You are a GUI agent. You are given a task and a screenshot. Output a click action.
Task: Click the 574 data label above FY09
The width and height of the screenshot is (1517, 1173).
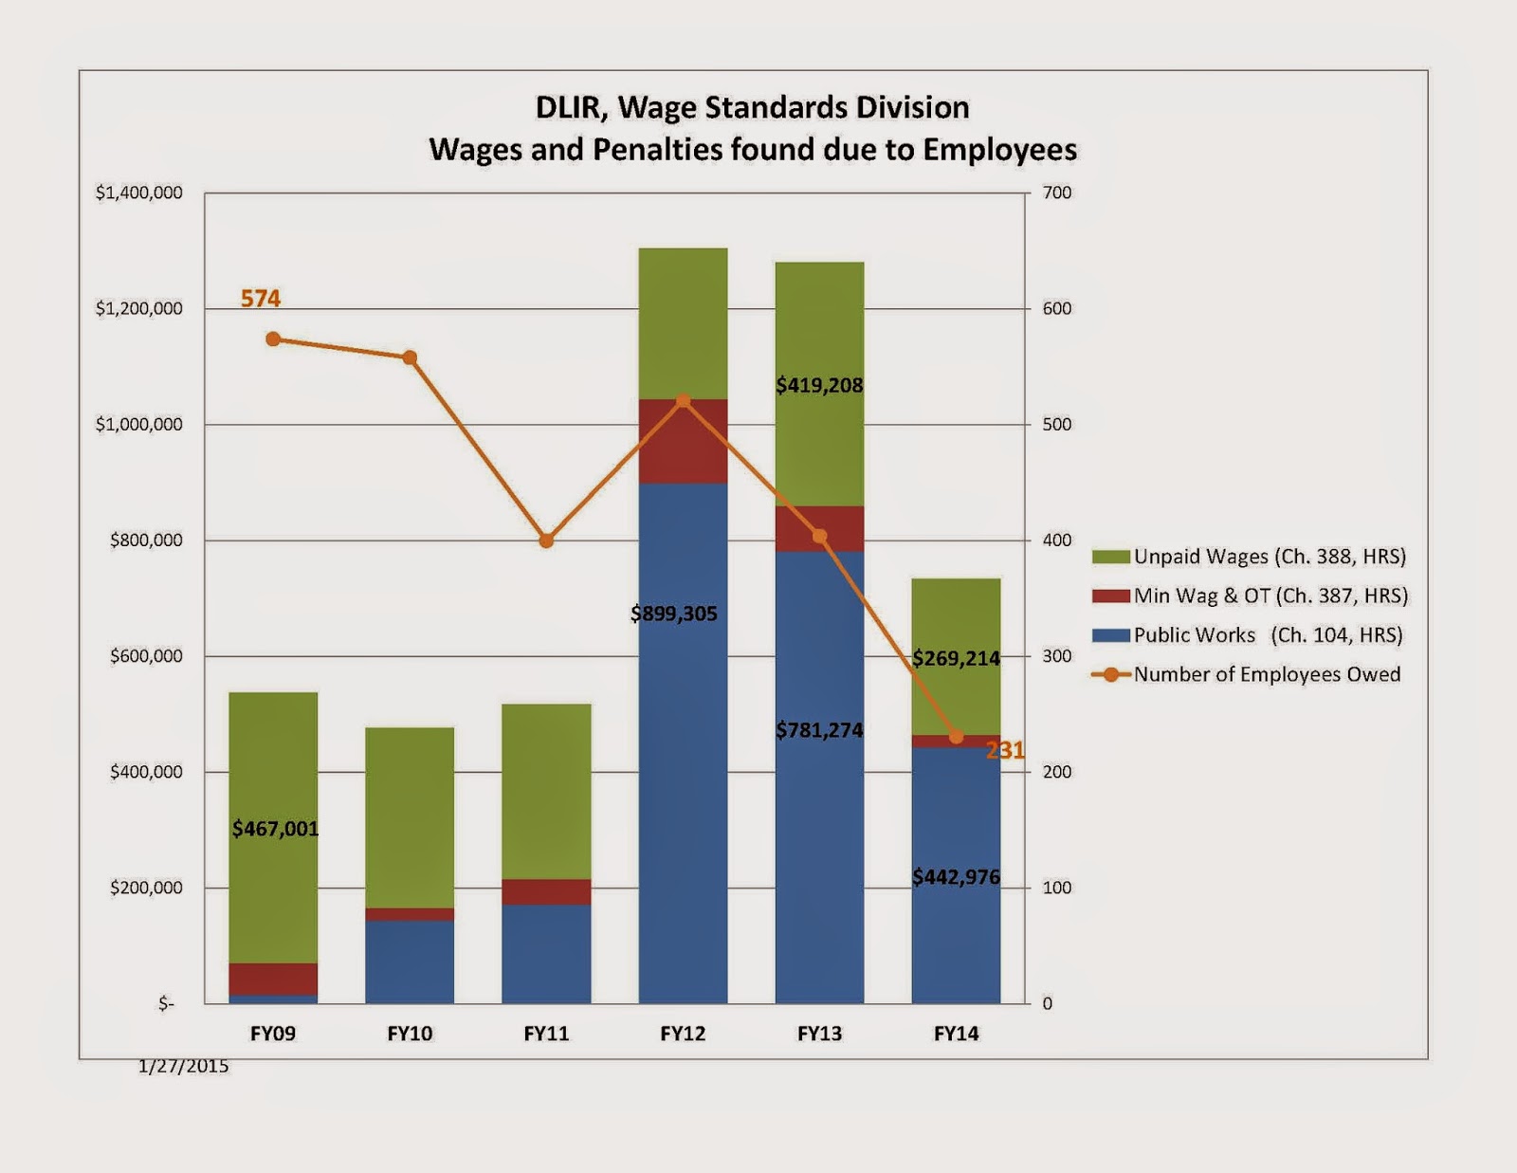point(261,299)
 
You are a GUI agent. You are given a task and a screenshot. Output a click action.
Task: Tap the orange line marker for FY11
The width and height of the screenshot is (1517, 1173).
point(546,541)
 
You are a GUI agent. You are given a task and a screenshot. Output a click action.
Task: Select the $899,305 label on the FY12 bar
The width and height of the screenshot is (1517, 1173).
point(674,614)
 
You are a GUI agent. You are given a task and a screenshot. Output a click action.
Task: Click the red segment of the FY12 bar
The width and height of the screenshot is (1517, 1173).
point(683,442)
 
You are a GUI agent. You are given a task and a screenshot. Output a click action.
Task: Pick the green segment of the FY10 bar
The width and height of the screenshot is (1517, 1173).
point(410,816)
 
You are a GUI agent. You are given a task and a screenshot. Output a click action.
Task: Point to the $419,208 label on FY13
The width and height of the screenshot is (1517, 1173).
point(819,385)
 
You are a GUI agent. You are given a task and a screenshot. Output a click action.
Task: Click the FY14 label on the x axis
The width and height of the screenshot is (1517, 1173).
point(956,1034)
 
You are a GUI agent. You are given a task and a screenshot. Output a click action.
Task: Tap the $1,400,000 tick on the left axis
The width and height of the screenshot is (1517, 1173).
point(139,192)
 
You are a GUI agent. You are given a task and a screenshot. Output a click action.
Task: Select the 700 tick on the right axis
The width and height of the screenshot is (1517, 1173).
point(1056,192)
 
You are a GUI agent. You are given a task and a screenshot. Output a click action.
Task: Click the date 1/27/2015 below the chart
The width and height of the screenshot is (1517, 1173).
point(183,1066)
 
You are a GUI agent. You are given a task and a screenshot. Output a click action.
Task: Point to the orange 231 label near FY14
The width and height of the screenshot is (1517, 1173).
point(1005,751)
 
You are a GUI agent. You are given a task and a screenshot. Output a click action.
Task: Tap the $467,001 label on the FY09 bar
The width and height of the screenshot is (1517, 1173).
point(275,829)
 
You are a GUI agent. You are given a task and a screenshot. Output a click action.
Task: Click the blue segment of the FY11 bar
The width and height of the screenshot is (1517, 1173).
point(546,953)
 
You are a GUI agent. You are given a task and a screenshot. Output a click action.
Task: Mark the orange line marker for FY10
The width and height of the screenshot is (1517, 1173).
point(410,358)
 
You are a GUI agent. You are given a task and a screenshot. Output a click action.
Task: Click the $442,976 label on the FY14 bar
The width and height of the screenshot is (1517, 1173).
point(956,877)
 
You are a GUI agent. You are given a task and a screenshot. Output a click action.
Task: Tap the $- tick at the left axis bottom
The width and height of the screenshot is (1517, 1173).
point(166,1003)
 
